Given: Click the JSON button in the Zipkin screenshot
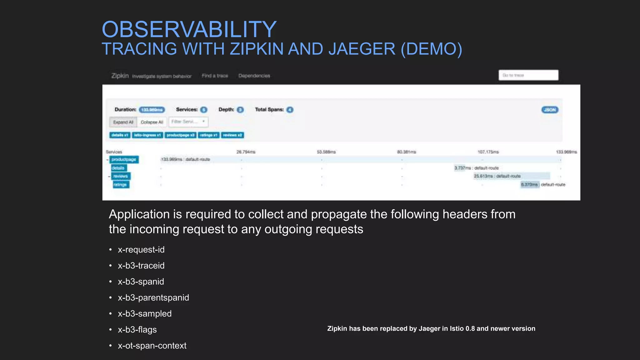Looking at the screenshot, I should coord(550,110).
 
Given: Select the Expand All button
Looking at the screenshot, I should coord(123,122).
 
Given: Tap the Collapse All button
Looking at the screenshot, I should coord(152,122).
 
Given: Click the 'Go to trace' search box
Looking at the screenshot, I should coord(528,75).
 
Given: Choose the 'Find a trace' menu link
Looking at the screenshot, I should coord(215,76).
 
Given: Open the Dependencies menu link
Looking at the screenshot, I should coord(254,76).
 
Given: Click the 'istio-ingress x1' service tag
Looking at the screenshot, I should coord(147,135).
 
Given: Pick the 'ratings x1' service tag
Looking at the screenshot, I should coord(208,135).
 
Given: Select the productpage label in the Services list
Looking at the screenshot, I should coord(124,159).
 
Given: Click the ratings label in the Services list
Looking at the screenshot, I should coord(120,185).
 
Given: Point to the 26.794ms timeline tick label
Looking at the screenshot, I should coord(246,152).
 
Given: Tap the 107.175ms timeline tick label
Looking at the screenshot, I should coord(488,152).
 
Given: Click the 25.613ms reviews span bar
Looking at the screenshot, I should coord(512,176).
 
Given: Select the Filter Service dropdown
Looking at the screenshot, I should coord(188,122).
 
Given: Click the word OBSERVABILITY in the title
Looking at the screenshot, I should coord(189,29).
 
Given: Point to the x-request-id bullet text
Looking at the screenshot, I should coord(141,250).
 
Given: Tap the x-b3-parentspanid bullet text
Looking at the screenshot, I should coord(153,297).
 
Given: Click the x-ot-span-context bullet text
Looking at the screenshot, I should coord(152,346).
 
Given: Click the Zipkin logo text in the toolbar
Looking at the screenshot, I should coord(120,76).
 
